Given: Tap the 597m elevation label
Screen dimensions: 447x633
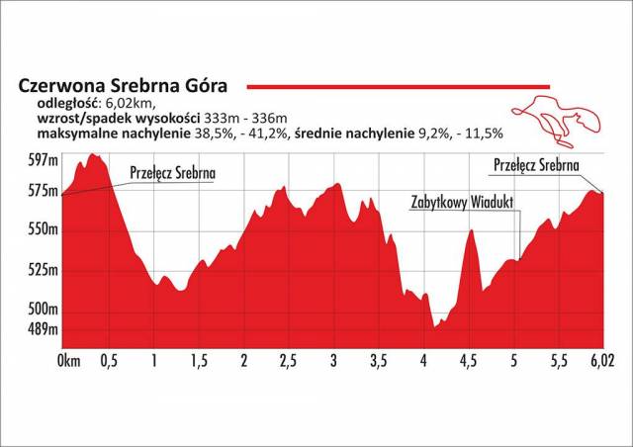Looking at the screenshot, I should click(41, 160).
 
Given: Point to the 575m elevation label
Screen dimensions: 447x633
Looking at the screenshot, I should click(41, 190).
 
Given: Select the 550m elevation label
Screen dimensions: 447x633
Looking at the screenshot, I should click(41, 229).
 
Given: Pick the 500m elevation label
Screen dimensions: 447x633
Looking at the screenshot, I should click(41, 310).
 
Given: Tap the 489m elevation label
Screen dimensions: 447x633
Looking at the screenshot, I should click(41, 329).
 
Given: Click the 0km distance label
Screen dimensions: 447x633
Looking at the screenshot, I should click(69, 358).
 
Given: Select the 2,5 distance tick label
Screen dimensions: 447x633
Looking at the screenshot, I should click(290, 358).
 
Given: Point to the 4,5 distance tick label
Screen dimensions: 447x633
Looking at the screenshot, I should click(469, 358).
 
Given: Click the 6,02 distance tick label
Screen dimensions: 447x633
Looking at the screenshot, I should click(600, 358).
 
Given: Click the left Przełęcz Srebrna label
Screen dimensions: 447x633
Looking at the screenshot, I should click(172, 173).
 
